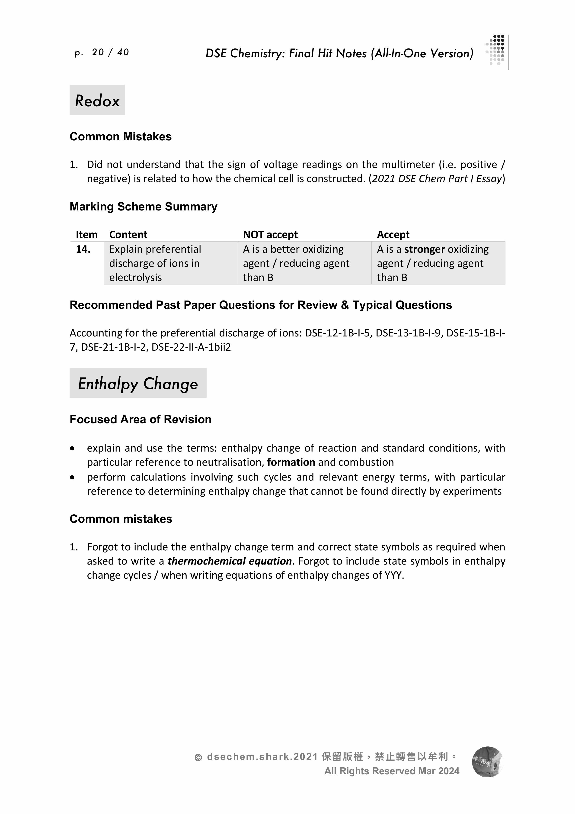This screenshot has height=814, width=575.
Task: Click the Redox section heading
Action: click(x=97, y=101)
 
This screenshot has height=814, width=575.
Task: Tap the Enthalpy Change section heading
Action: click(x=138, y=384)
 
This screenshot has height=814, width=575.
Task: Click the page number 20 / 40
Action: click(x=110, y=52)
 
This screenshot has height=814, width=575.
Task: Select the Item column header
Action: click(x=86, y=235)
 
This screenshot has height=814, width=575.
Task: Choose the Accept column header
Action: click(x=393, y=235)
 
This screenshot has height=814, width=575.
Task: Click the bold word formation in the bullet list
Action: click(x=291, y=462)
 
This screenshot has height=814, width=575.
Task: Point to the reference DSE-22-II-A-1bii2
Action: click(x=191, y=347)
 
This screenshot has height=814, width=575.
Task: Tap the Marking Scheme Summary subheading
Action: click(x=144, y=207)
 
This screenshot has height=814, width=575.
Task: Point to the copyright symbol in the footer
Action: click(x=198, y=758)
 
